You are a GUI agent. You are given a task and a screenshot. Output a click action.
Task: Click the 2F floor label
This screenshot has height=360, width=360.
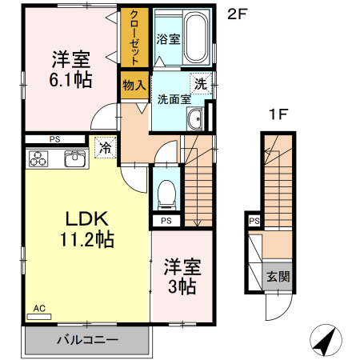click(x=235, y=14)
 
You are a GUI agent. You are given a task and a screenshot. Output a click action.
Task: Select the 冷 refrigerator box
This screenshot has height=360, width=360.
click(x=104, y=146)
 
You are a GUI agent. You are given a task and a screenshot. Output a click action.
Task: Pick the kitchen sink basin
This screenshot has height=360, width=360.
click(x=74, y=158)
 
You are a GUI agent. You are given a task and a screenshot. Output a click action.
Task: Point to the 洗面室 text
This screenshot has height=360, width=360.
click(x=173, y=100)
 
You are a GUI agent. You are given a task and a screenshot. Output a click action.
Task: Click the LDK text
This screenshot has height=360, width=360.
click(x=86, y=218)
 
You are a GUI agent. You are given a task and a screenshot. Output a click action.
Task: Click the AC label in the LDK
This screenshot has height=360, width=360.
click(x=39, y=308)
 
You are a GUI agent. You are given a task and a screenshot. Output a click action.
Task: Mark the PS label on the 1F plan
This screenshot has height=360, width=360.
click(x=254, y=222)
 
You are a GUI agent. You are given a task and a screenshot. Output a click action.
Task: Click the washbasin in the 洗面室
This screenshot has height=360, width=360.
click(x=194, y=121)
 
